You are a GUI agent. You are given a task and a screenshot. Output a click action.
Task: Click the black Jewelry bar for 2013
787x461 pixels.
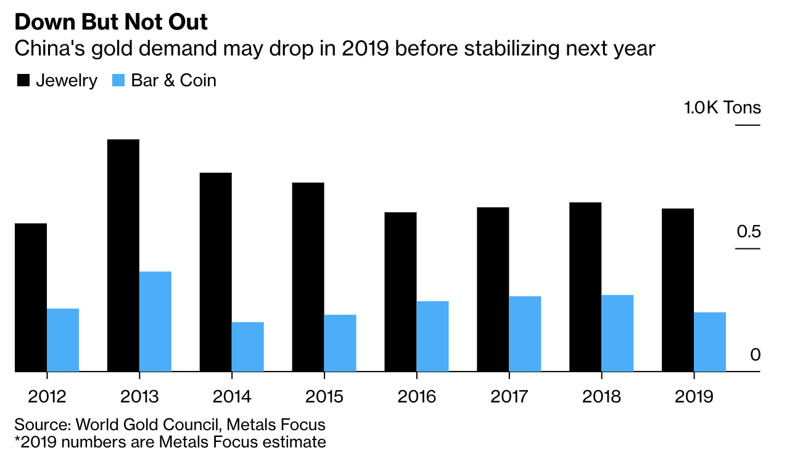point(123,255)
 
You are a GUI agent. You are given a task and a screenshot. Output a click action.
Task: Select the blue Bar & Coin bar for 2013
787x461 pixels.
point(155,321)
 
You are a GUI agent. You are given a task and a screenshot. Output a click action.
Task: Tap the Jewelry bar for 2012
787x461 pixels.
point(31,297)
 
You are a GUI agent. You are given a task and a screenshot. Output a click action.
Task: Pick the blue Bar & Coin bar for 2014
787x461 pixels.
point(248,346)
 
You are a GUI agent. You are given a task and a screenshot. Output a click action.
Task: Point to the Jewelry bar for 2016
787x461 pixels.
point(400,292)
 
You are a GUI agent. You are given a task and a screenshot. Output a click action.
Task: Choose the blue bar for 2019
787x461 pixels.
point(710,341)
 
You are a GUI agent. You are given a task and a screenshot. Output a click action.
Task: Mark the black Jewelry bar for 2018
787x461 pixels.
point(585,287)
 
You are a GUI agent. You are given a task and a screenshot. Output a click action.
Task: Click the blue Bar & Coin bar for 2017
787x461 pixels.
point(525,333)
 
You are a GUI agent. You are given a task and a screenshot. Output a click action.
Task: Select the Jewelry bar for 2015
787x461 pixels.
point(308,277)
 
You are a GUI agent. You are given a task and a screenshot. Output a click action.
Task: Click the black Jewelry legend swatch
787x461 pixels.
point(23,81)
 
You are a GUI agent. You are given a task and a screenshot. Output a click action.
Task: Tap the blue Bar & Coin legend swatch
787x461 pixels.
point(118,81)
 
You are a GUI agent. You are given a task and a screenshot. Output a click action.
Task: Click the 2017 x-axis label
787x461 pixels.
point(510,396)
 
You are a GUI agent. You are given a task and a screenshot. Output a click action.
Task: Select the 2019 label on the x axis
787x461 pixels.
point(694,396)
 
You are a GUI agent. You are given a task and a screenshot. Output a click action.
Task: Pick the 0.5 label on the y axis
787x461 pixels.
point(748,232)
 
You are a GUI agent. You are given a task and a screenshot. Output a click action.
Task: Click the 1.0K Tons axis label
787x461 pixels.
point(722,108)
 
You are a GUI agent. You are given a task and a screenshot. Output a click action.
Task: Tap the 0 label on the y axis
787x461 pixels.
point(756,355)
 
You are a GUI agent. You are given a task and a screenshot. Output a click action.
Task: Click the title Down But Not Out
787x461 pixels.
point(112,23)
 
